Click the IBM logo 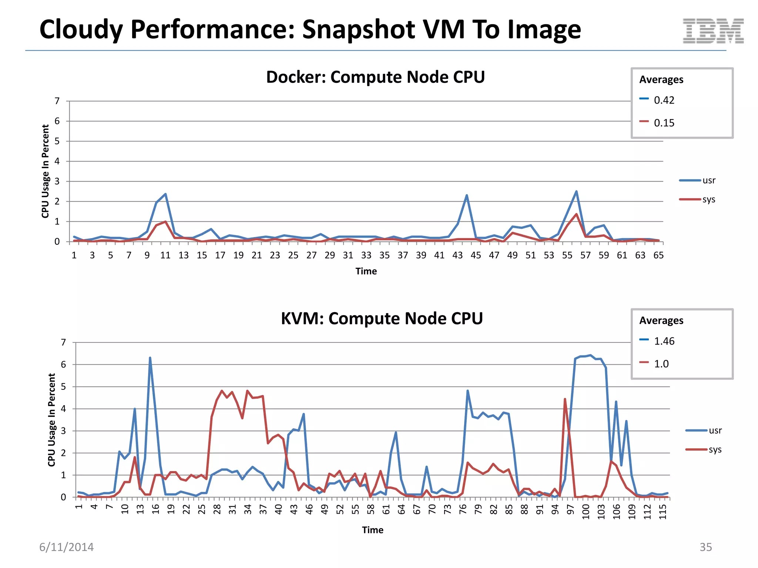pyautogui.click(x=713, y=31)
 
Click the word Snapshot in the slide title pyautogui.click(x=358, y=30)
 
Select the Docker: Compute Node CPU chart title pyautogui.click(x=375, y=77)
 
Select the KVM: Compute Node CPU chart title pyautogui.click(x=382, y=319)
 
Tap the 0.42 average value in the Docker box pyautogui.click(x=664, y=100)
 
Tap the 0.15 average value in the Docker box pyautogui.click(x=664, y=123)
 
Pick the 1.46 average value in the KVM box pyautogui.click(x=664, y=341)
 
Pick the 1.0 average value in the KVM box pyautogui.click(x=661, y=364)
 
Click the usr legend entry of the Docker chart pyautogui.click(x=708, y=180)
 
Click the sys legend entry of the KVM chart pyautogui.click(x=715, y=450)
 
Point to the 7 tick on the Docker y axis pyautogui.click(x=57, y=101)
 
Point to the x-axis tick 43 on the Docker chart pyautogui.click(x=457, y=256)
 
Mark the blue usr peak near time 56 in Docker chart pyautogui.click(x=576, y=192)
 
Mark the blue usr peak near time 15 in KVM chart pyautogui.click(x=150, y=358)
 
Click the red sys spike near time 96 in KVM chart pyautogui.click(x=565, y=399)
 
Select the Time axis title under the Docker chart pyautogui.click(x=366, y=271)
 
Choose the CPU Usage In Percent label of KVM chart pyautogui.click(x=51, y=420)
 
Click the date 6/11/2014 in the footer pyautogui.click(x=67, y=547)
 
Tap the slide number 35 pyautogui.click(x=705, y=547)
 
